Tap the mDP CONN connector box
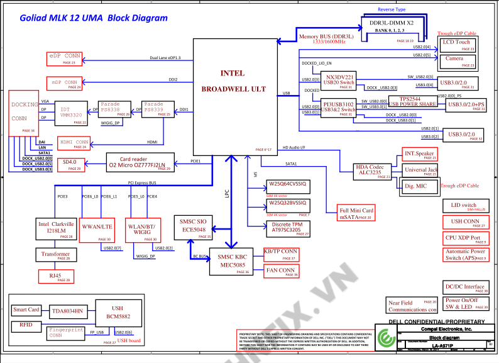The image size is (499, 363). [64, 82]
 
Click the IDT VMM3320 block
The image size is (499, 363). [70, 110]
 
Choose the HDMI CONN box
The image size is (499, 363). [74, 143]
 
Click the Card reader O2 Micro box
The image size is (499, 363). [138, 162]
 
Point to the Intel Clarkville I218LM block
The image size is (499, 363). [56, 229]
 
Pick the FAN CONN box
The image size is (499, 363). [280, 271]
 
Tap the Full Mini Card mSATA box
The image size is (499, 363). [356, 213]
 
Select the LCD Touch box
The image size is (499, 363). [456, 44]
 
